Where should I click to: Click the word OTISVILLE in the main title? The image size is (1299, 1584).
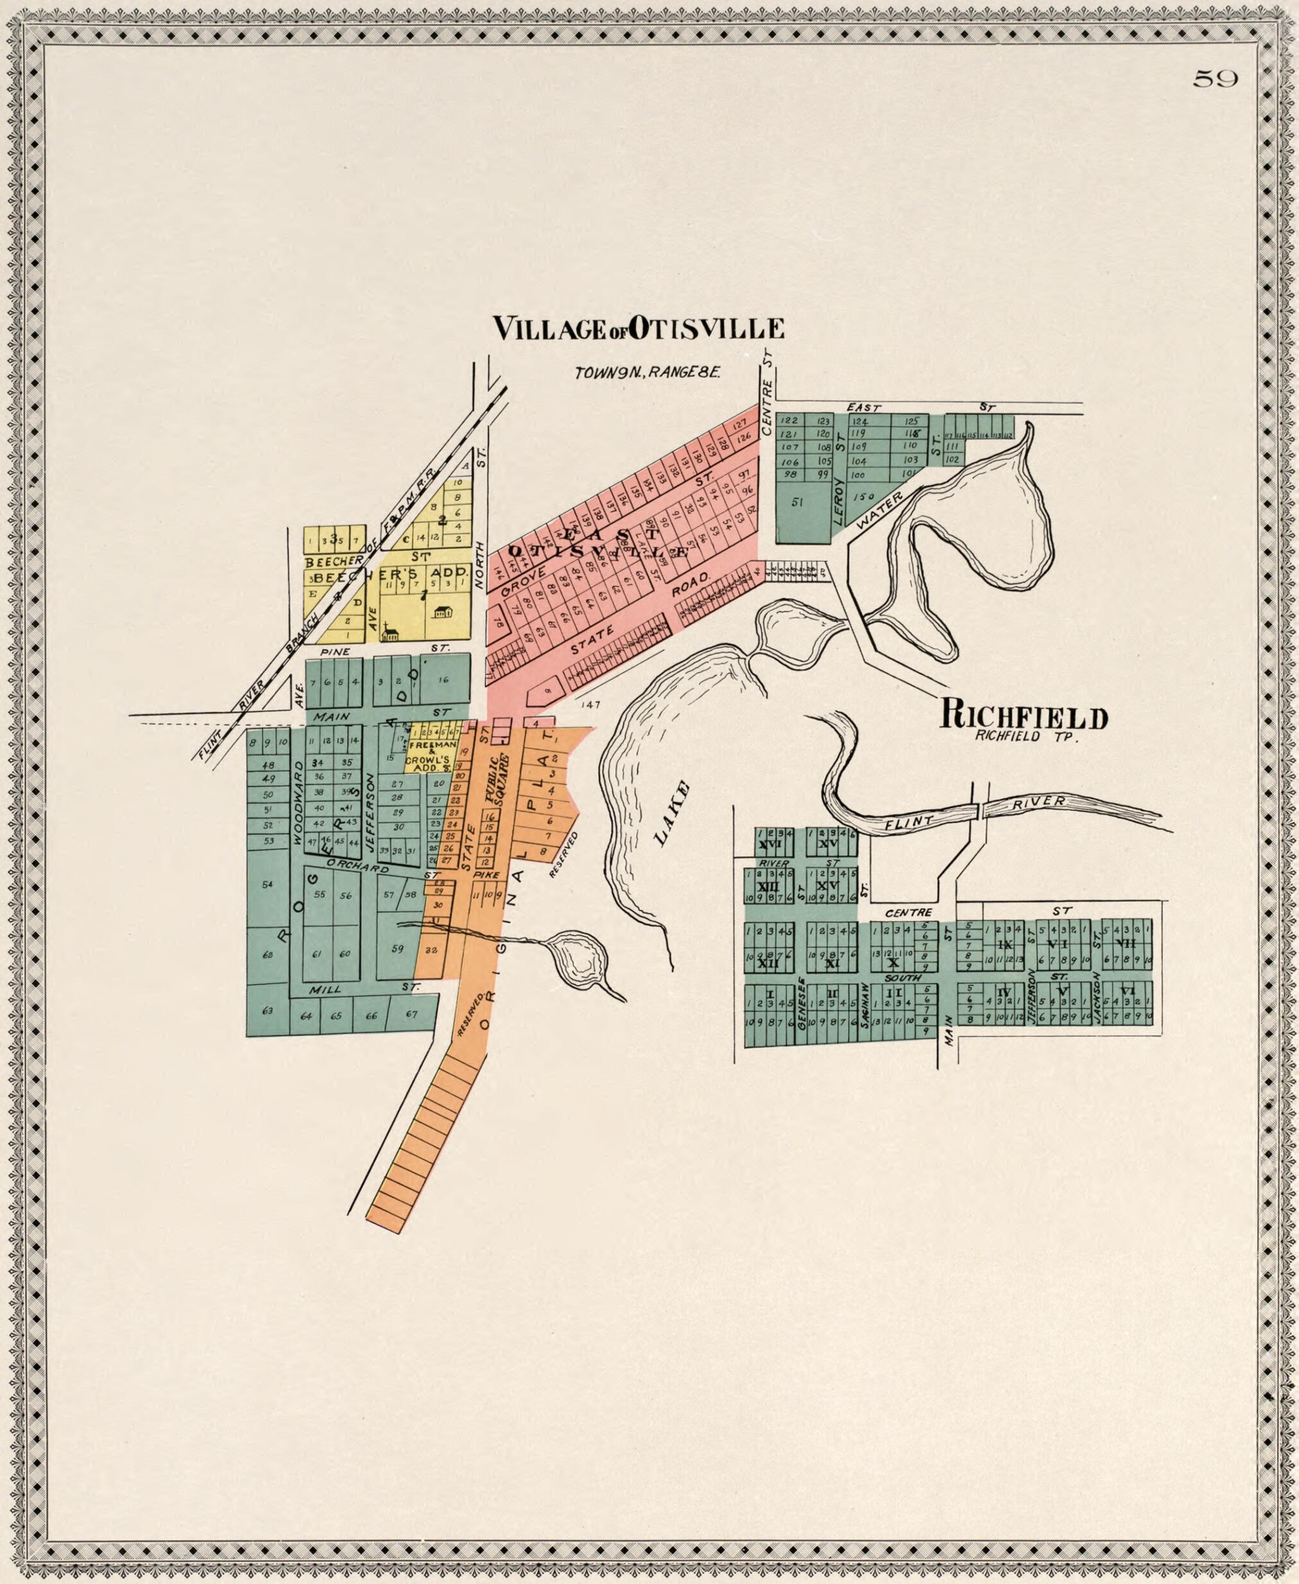(x=707, y=329)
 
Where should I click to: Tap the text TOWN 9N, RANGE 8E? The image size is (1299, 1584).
(x=648, y=373)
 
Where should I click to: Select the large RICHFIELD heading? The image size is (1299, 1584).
(x=1024, y=717)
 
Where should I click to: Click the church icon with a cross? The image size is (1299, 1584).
(x=388, y=632)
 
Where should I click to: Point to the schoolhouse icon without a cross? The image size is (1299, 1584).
(x=443, y=612)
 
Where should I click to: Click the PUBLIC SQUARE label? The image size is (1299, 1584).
(x=497, y=780)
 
